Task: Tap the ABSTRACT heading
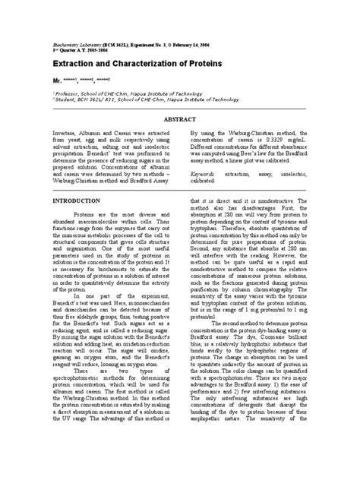[180, 120]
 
